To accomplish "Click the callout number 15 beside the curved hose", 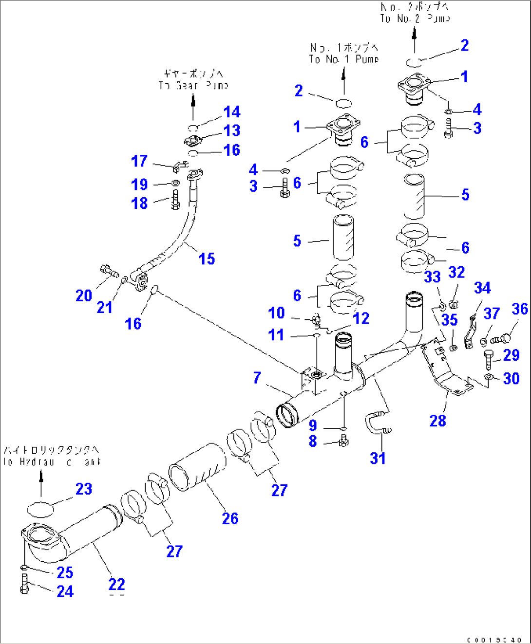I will tap(207, 259).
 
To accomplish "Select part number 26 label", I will tap(230, 518).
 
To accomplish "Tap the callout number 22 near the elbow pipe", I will tap(116, 584).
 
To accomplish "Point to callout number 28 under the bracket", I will tap(437, 421).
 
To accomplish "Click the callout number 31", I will tap(378, 458).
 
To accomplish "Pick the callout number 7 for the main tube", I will tap(257, 378).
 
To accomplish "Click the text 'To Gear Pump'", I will tap(193, 85).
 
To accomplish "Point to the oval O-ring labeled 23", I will tap(40, 509).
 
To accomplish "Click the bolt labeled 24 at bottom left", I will tap(25, 584).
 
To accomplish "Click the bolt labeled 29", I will tap(489, 359).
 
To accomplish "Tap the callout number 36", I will tap(519, 309).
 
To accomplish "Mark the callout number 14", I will tap(232, 112).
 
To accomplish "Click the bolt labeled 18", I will tap(175, 200).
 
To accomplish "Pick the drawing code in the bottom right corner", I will tap(494, 640).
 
